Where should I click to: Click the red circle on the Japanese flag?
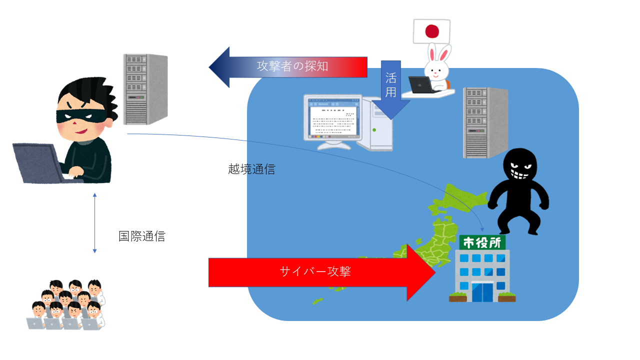432,31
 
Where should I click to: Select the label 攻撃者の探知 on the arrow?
292,66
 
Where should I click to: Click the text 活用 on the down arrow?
390,85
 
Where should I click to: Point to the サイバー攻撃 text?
315,271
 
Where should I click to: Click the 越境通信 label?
251,169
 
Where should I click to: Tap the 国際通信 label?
142,236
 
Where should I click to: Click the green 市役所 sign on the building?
482,242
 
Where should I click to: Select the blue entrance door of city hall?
482,291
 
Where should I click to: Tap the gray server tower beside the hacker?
145,89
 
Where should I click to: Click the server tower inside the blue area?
485,123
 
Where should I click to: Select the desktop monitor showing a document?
333,121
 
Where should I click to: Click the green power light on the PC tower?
374,130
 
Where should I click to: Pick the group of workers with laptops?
66,305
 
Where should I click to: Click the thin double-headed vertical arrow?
95,223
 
